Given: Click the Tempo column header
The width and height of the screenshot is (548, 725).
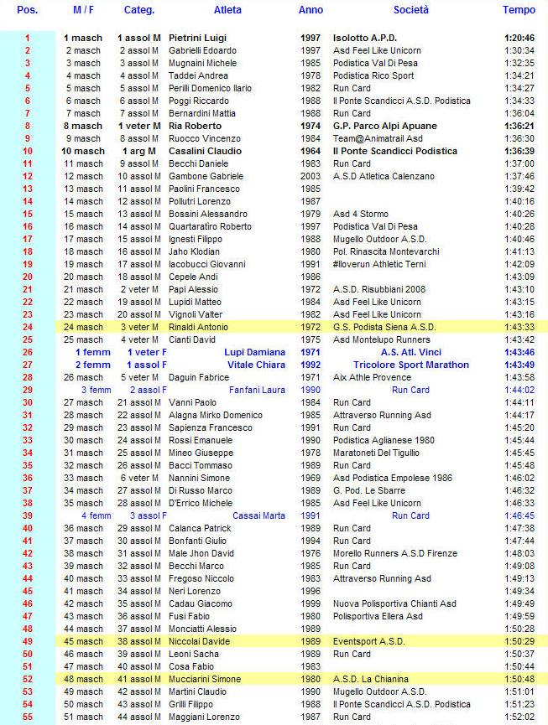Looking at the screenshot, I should point(519,10).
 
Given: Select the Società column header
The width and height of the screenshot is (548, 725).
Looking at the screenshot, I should point(411,10).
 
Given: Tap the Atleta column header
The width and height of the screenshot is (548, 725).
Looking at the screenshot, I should point(227,10).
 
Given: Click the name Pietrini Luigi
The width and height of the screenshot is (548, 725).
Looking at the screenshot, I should point(198,38).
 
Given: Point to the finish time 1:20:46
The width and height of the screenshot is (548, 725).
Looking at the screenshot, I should point(519,38).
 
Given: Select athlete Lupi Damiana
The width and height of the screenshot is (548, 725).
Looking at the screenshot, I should point(255,352).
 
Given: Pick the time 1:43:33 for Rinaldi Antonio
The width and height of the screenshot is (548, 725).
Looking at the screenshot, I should point(519,327).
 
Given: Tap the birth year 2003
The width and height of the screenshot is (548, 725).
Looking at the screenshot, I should point(310,176).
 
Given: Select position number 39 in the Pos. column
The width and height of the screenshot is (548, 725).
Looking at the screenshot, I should point(27,515).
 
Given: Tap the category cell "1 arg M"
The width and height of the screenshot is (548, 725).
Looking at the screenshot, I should point(138,151).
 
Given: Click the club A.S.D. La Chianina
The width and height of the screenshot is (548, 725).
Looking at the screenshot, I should point(370,679).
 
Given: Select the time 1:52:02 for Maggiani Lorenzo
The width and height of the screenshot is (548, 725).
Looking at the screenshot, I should point(519,717).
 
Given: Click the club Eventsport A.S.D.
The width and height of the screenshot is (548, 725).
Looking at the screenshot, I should point(366,641).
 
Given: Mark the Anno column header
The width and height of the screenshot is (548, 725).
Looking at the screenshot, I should point(311,10).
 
